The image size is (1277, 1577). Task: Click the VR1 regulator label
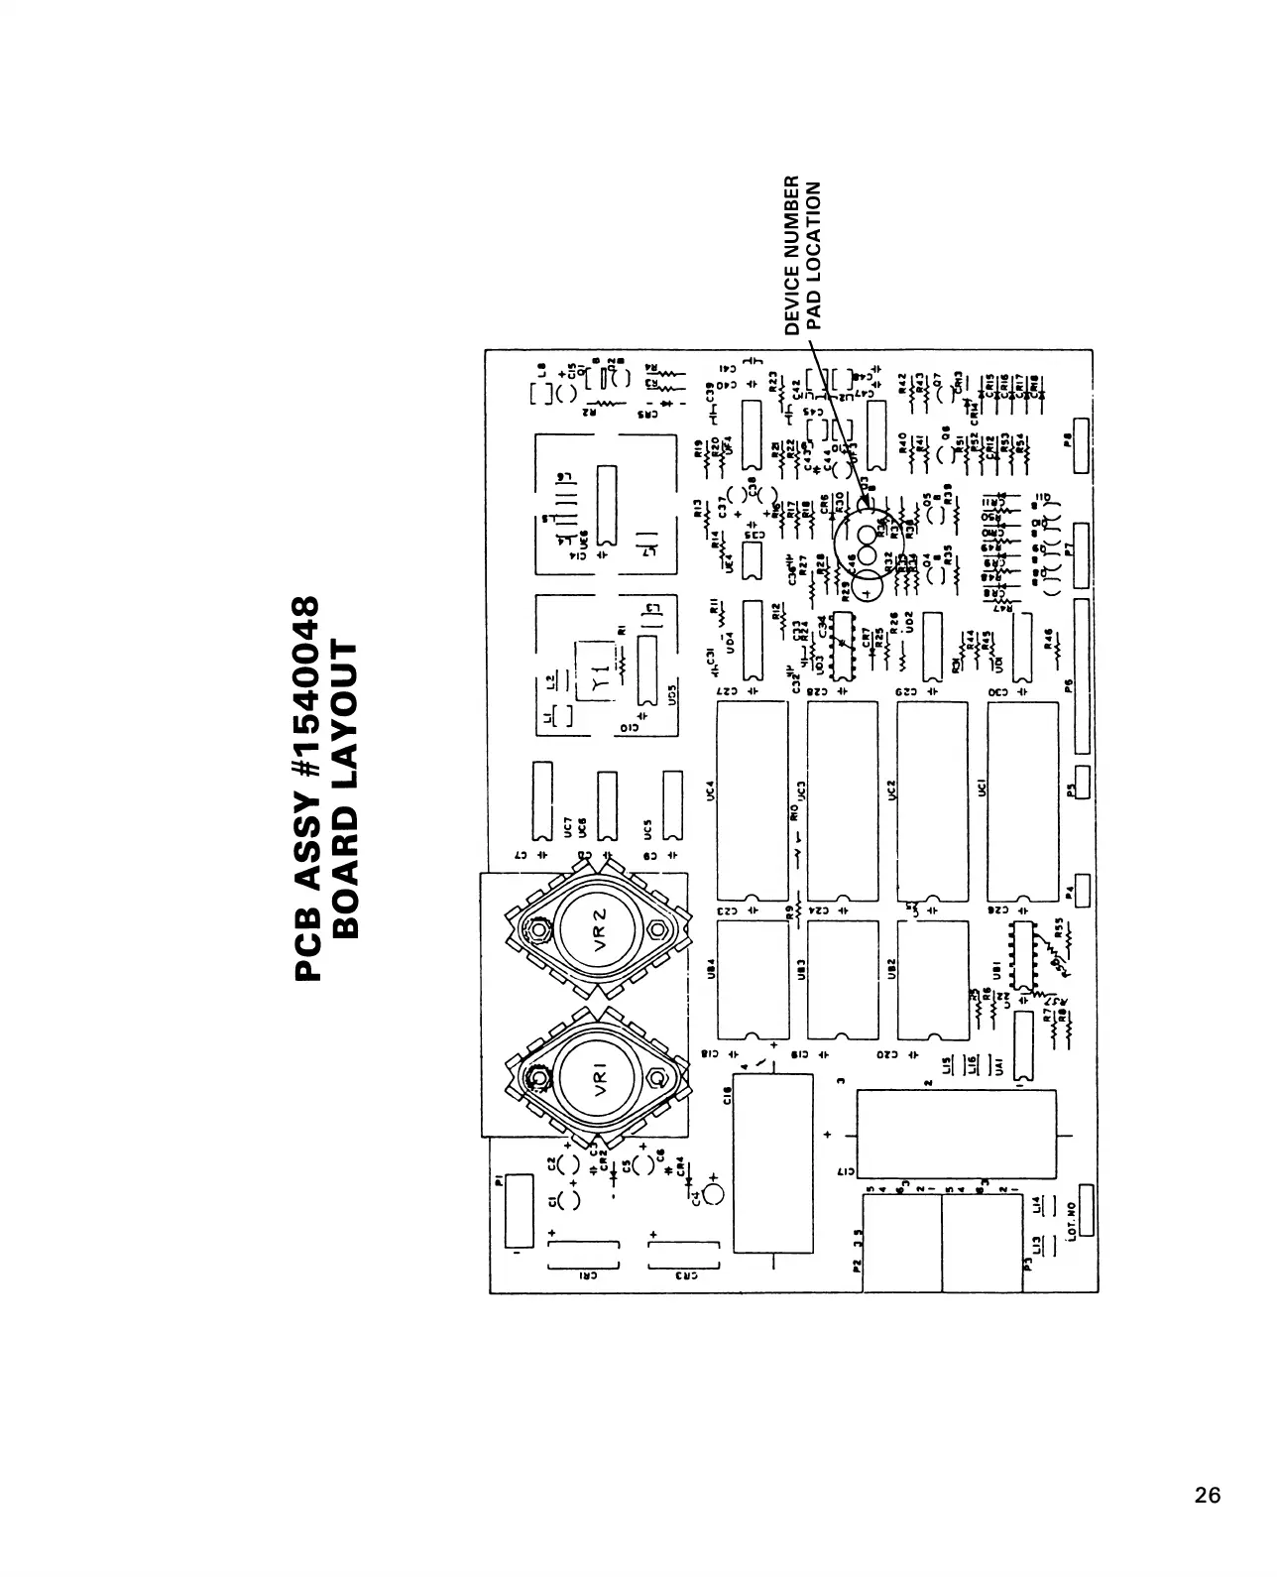pyautogui.click(x=599, y=1078)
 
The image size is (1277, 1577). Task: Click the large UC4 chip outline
pyautogui.click(x=751, y=800)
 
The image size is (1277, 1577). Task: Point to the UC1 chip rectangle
pyautogui.click(x=1022, y=800)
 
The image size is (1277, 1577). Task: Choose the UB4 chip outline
pyautogui.click(x=751, y=981)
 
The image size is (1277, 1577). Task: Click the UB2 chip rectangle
pyautogui.click(x=932, y=981)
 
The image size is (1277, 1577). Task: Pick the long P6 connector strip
pyautogui.click(x=1081, y=674)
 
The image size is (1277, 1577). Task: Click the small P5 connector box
pyautogui.click(x=1081, y=783)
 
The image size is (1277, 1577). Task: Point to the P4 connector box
pyautogui.click(x=1081, y=890)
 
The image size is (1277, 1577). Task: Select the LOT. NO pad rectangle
pyautogui.click(x=1087, y=1209)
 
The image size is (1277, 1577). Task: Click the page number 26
pyautogui.click(x=1208, y=1496)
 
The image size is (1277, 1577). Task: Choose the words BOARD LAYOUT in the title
pyautogui.click(x=344, y=788)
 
